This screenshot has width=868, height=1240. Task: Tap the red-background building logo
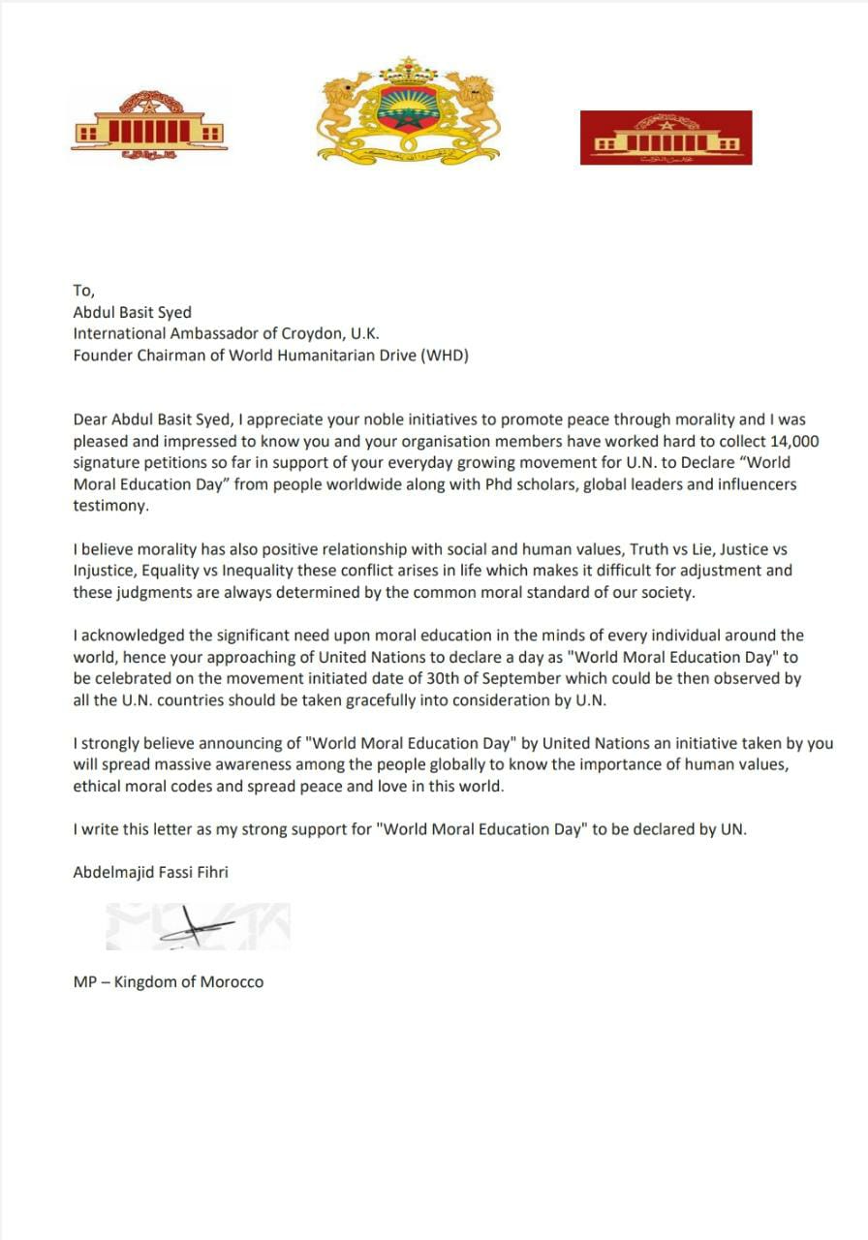pos(666,138)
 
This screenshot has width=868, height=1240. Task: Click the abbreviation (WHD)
pos(445,355)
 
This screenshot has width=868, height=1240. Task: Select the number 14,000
pos(788,441)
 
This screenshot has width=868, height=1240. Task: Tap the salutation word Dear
pos(91,419)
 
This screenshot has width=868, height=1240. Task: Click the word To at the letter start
pos(84,291)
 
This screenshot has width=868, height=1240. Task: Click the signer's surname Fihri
pos(210,872)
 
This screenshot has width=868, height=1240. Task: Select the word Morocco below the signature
pos(232,981)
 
